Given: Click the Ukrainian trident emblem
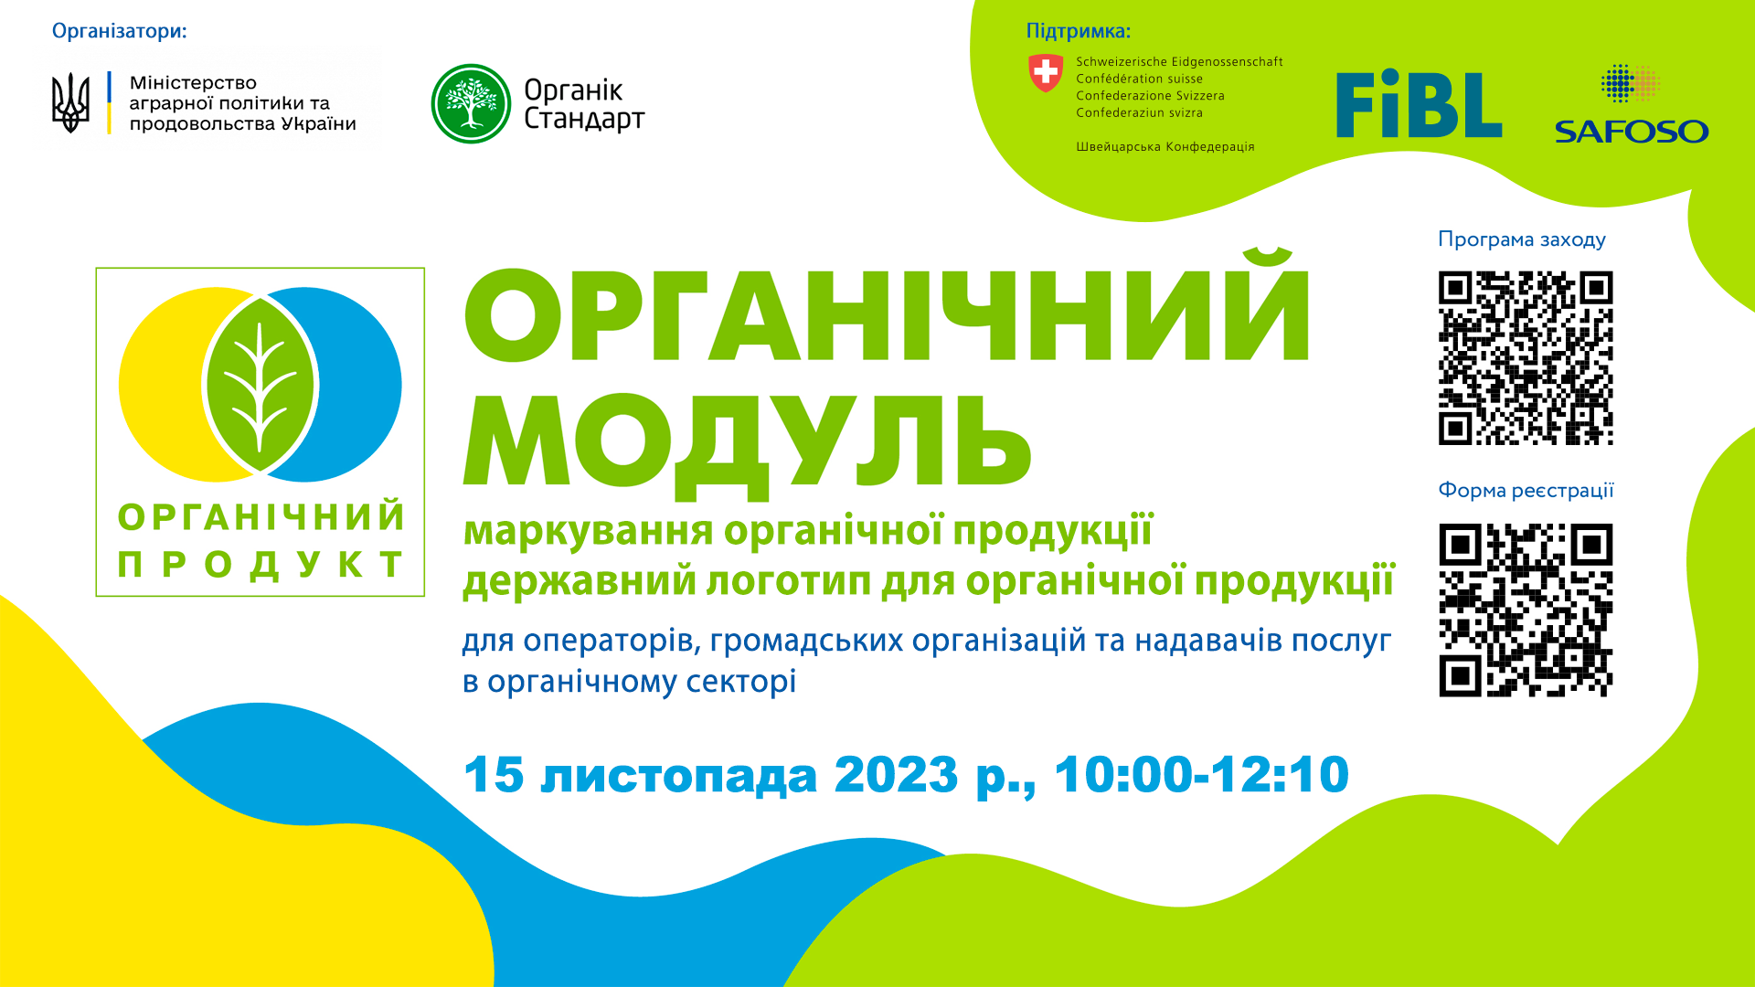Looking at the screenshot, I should [x=70, y=102].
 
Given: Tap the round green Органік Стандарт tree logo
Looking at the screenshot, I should [x=471, y=103].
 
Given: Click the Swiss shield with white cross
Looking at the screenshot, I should [x=1046, y=72].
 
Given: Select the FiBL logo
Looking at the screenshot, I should [x=1419, y=104].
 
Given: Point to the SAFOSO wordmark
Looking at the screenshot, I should [x=1632, y=132].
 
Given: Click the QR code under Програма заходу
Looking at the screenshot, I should [x=1526, y=358].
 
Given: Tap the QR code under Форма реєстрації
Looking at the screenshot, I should [x=1526, y=610].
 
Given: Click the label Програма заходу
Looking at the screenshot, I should [x=1522, y=239].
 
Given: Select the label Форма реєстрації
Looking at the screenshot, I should [x=1526, y=491].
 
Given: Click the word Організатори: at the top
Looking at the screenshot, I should [x=119, y=31].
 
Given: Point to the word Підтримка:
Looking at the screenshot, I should [x=1078, y=31].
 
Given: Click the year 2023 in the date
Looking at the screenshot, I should [x=896, y=775].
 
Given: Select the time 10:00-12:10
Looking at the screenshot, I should [x=1201, y=775].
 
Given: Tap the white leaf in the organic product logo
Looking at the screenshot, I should [x=261, y=385].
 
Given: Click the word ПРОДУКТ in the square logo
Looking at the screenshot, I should [x=261, y=564].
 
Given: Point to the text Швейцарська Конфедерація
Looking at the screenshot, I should [x=1165, y=147].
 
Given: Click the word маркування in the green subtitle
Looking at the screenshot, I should [x=588, y=531].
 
